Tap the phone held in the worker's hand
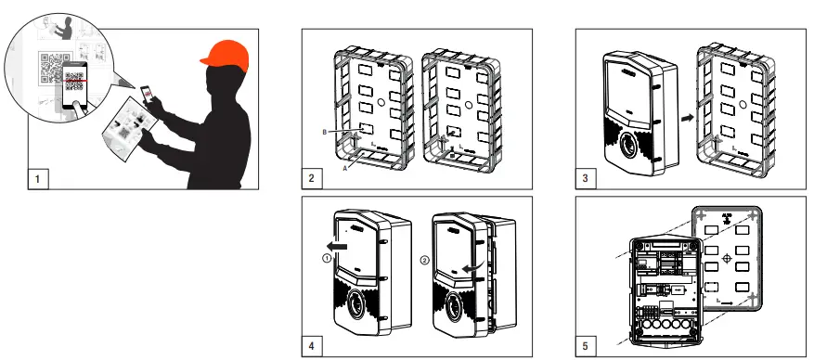tap(147, 94)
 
